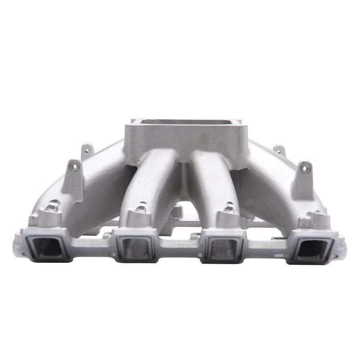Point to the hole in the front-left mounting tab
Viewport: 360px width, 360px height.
click(74, 167)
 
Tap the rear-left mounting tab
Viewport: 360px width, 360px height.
click(87, 150)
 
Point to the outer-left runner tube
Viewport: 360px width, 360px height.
click(97, 189)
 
